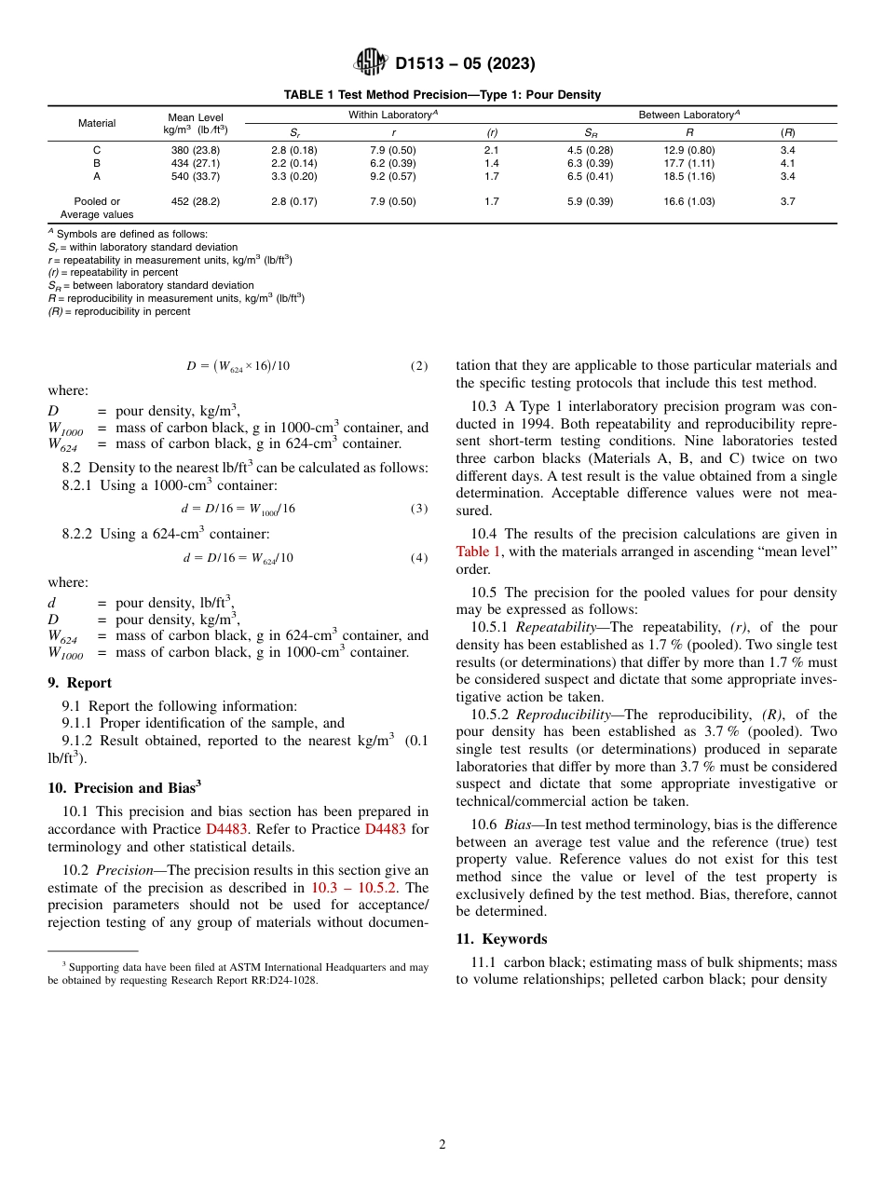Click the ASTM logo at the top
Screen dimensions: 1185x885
370,63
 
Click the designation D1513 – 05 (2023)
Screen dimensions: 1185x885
465,64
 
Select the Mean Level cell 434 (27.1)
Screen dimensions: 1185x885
196,163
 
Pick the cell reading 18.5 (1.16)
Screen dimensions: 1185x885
688,176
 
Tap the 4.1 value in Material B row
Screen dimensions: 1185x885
787,163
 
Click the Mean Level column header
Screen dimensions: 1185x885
196,124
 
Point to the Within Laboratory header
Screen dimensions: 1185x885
393,115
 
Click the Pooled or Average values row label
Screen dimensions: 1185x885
97,208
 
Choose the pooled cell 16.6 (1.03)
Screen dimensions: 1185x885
688,201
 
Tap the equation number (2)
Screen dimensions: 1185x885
419,366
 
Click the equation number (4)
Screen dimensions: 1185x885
419,558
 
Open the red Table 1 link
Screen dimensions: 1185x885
478,552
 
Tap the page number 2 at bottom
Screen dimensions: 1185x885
442,1145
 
